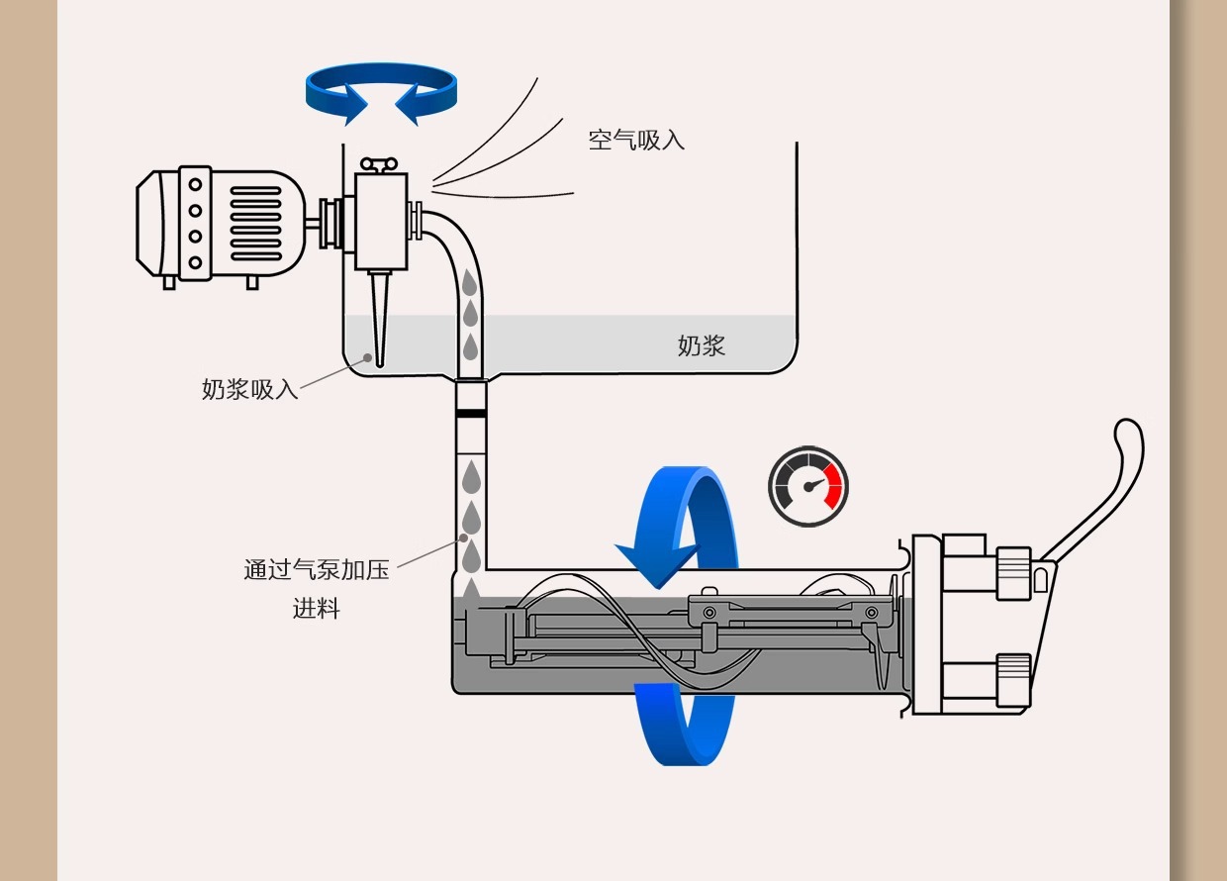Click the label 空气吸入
636,140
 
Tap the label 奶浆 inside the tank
702,345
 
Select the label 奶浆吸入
249,389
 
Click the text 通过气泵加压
317,570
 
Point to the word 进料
317,609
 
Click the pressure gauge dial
808,486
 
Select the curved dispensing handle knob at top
1128,440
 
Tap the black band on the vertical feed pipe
471,409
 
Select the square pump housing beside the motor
381,220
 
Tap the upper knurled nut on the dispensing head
1014,573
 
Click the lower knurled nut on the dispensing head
1014,681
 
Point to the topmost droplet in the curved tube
471,284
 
